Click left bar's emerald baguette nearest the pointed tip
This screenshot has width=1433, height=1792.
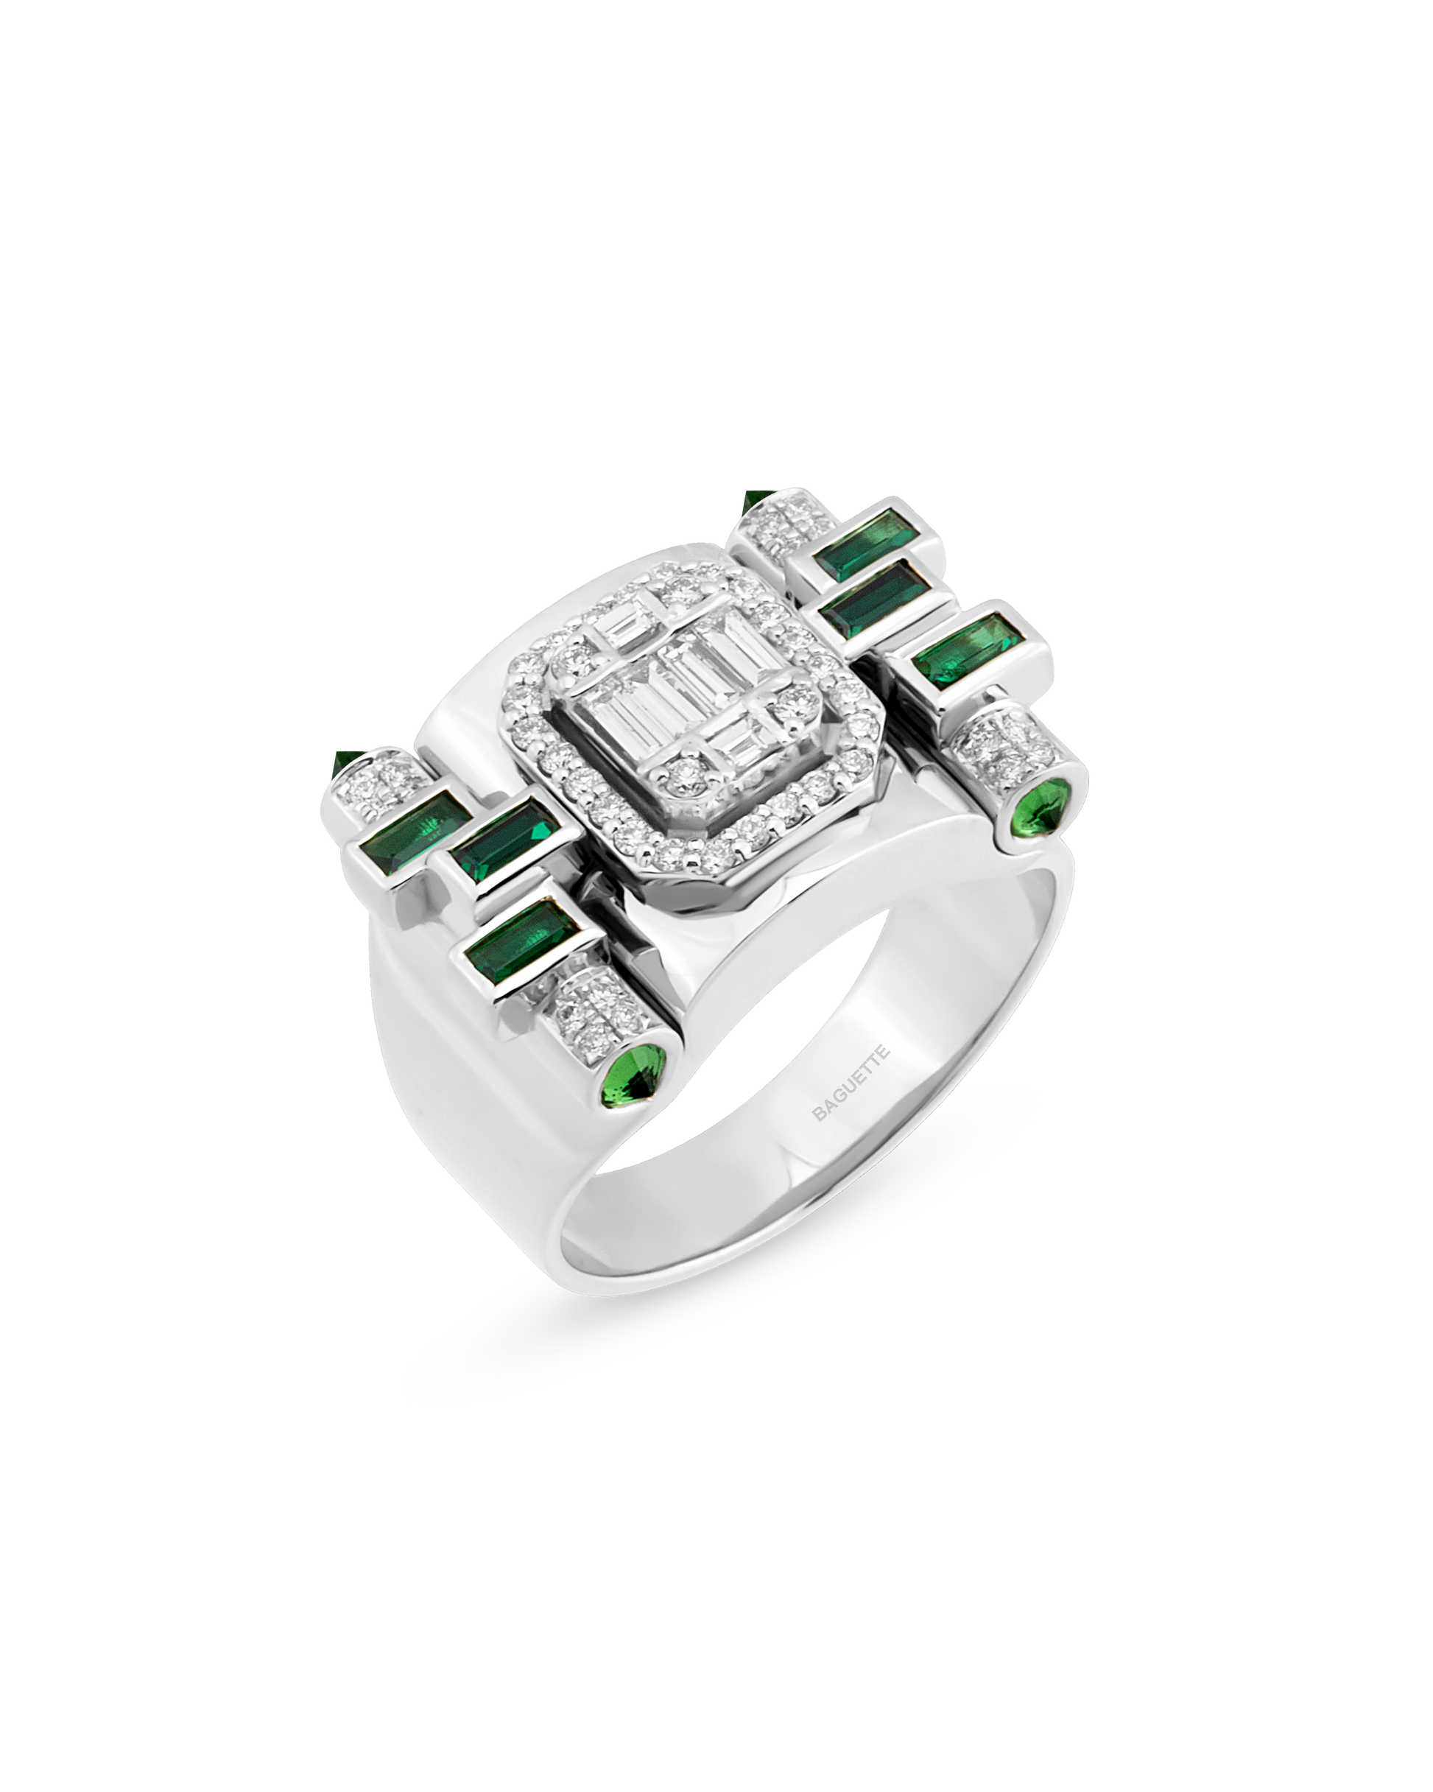pyautogui.click(x=412, y=828)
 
